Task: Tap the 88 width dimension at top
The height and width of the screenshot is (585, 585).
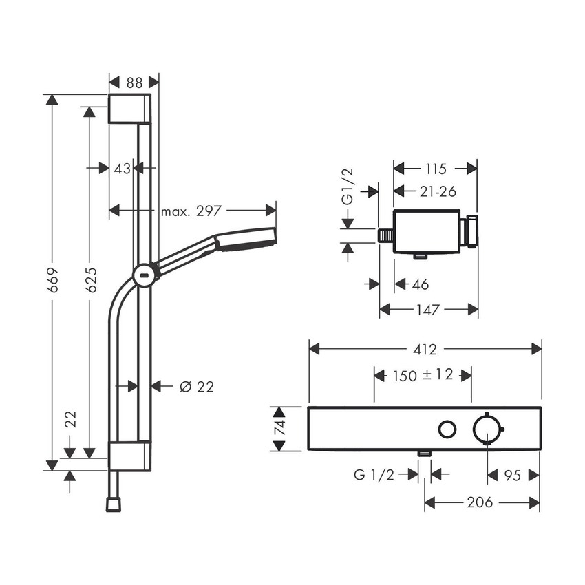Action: [135, 82]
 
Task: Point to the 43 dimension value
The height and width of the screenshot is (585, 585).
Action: [122, 168]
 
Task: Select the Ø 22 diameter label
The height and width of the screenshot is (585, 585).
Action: [197, 387]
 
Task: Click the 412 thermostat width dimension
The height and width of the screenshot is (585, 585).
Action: [425, 350]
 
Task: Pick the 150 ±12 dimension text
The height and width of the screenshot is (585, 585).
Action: [423, 376]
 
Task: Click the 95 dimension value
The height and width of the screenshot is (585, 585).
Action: [513, 474]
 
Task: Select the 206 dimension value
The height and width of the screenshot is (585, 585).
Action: [479, 502]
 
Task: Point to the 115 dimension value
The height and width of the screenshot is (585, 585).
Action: [434, 169]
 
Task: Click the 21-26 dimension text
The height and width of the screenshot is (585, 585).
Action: [438, 192]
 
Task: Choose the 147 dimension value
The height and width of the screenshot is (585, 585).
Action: [428, 310]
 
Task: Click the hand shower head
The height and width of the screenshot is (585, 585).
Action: [246, 238]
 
